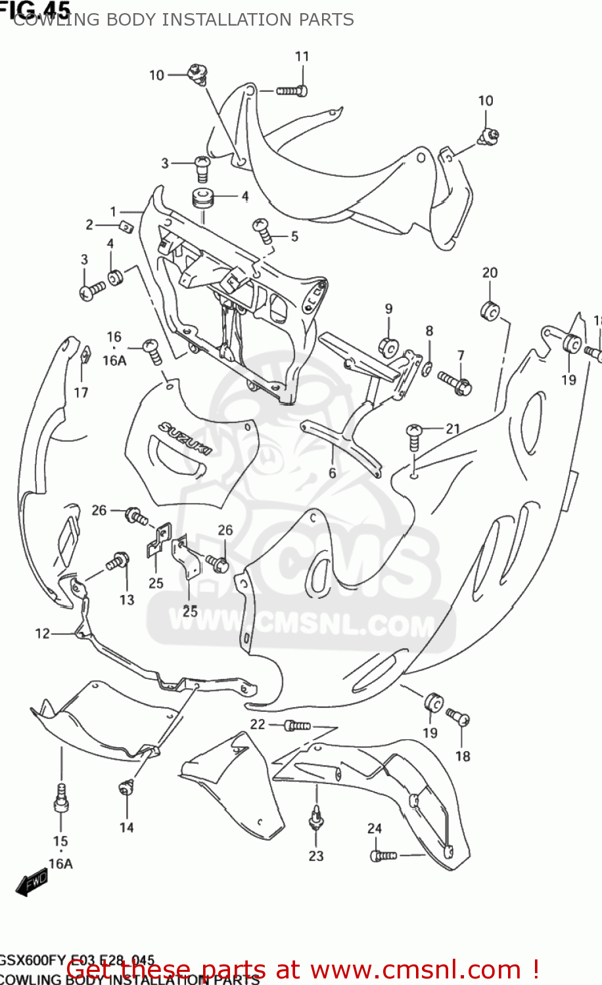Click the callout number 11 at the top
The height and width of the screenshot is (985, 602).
coord(302,56)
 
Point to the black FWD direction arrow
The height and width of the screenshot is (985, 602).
coord(31,883)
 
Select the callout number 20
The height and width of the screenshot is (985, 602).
coord(490,273)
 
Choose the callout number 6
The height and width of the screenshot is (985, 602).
coord(333,473)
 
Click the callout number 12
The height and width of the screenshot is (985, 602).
coord(42,634)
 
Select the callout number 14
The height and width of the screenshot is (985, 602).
coord(126,828)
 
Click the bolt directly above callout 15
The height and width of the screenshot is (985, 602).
coord(61,797)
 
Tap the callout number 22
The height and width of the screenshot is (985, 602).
coord(258,724)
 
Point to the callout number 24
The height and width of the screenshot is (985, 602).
coord(375,829)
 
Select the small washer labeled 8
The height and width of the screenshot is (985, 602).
coord(427,370)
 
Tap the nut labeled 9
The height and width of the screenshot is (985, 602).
coord(388,346)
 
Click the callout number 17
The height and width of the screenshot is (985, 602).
coord(81,393)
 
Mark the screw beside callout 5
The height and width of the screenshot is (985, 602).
coord(262,230)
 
